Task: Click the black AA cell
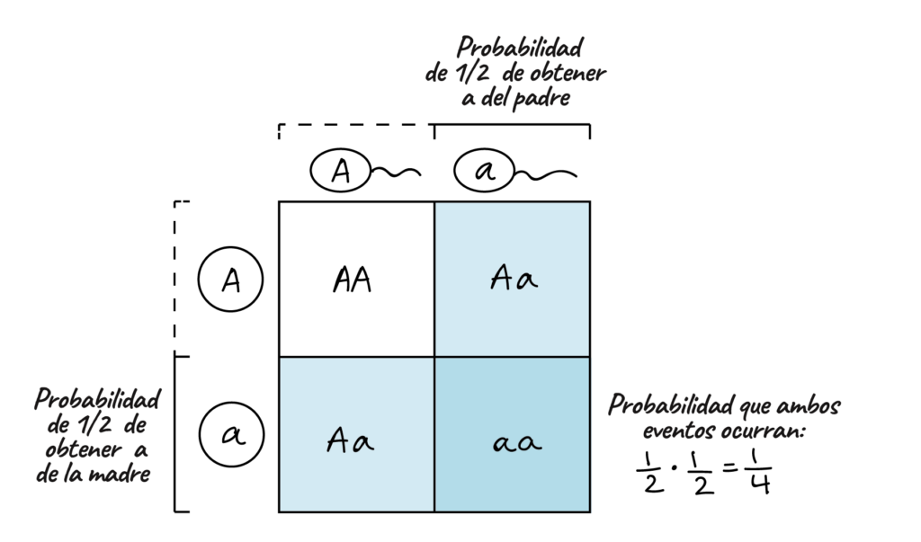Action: pyautogui.click(x=356, y=280)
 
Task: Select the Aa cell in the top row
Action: pyautogui.click(x=513, y=280)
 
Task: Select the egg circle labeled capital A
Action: pyautogui.click(x=230, y=280)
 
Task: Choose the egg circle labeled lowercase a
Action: pyautogui.click(x=230, y=434)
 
